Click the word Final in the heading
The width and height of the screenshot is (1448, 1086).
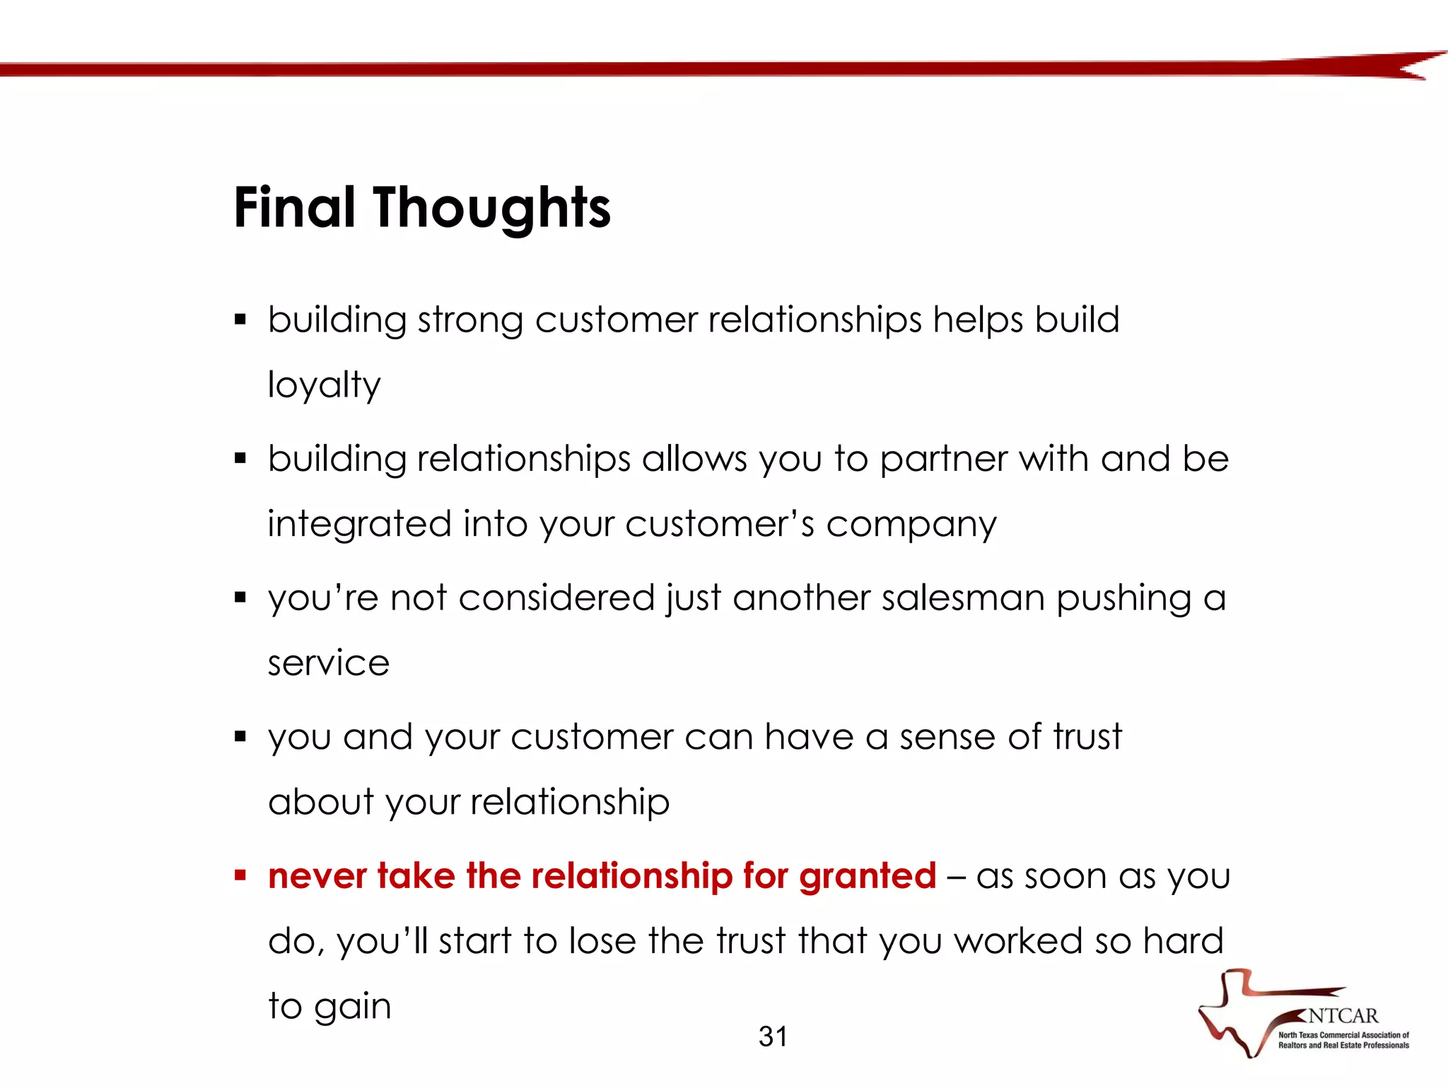tap(294, 208)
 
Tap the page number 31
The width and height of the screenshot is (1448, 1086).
tap(772, 1037)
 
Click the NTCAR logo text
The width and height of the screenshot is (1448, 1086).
tap(1342, 1016)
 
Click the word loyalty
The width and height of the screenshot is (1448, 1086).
tap(324, 386)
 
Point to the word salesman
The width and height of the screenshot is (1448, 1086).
tap(963, 598)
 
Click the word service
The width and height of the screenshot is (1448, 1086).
tap(328, 663)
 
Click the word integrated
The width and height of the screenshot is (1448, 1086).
tap(359, 525)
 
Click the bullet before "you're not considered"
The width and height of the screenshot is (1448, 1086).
tap(240, 598)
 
